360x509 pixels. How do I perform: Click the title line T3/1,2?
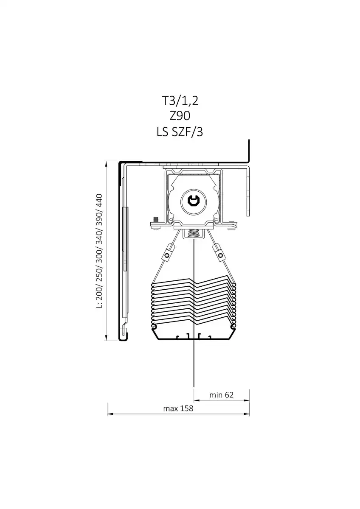[180, 101]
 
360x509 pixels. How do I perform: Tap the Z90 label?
[180, 116]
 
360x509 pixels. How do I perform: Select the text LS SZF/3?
[180, 132]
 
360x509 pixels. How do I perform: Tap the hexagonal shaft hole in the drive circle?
[194, 201]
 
